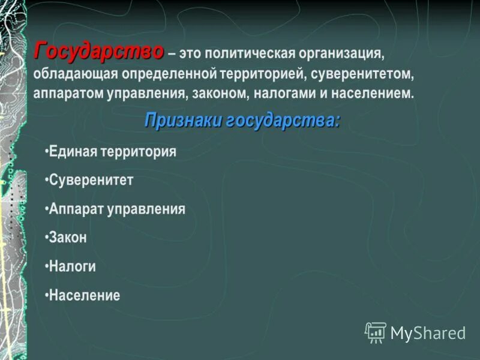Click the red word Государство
click(98, 52)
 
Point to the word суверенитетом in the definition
click(362, 74)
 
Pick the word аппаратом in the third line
click(66, 94)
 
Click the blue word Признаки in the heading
click(184, 121)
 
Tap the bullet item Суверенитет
click(91, 181)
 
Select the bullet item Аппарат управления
click(117, 209)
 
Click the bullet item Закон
click(68, 238)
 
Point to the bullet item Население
click(85, 295)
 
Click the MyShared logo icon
click(376, 332)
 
